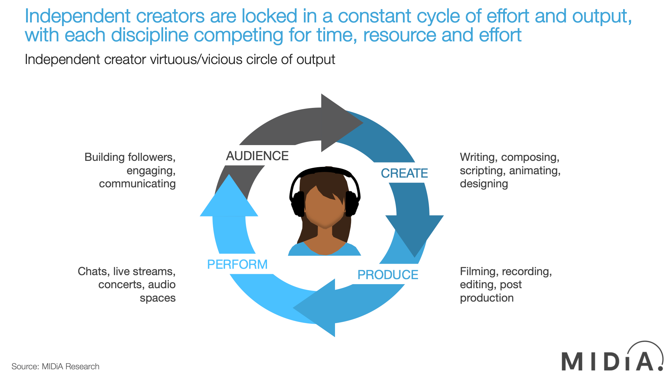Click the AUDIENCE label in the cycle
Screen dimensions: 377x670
(257, 156)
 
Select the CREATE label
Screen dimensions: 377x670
(404, 173)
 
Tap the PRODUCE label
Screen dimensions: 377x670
(388, 275)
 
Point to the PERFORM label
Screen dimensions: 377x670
(237, 264)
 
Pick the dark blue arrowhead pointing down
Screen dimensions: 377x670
(414, 233)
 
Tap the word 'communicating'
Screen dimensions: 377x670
(137, 184)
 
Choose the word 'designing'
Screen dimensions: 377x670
(484, 184)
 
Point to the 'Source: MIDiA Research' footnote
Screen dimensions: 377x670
(55, 366)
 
